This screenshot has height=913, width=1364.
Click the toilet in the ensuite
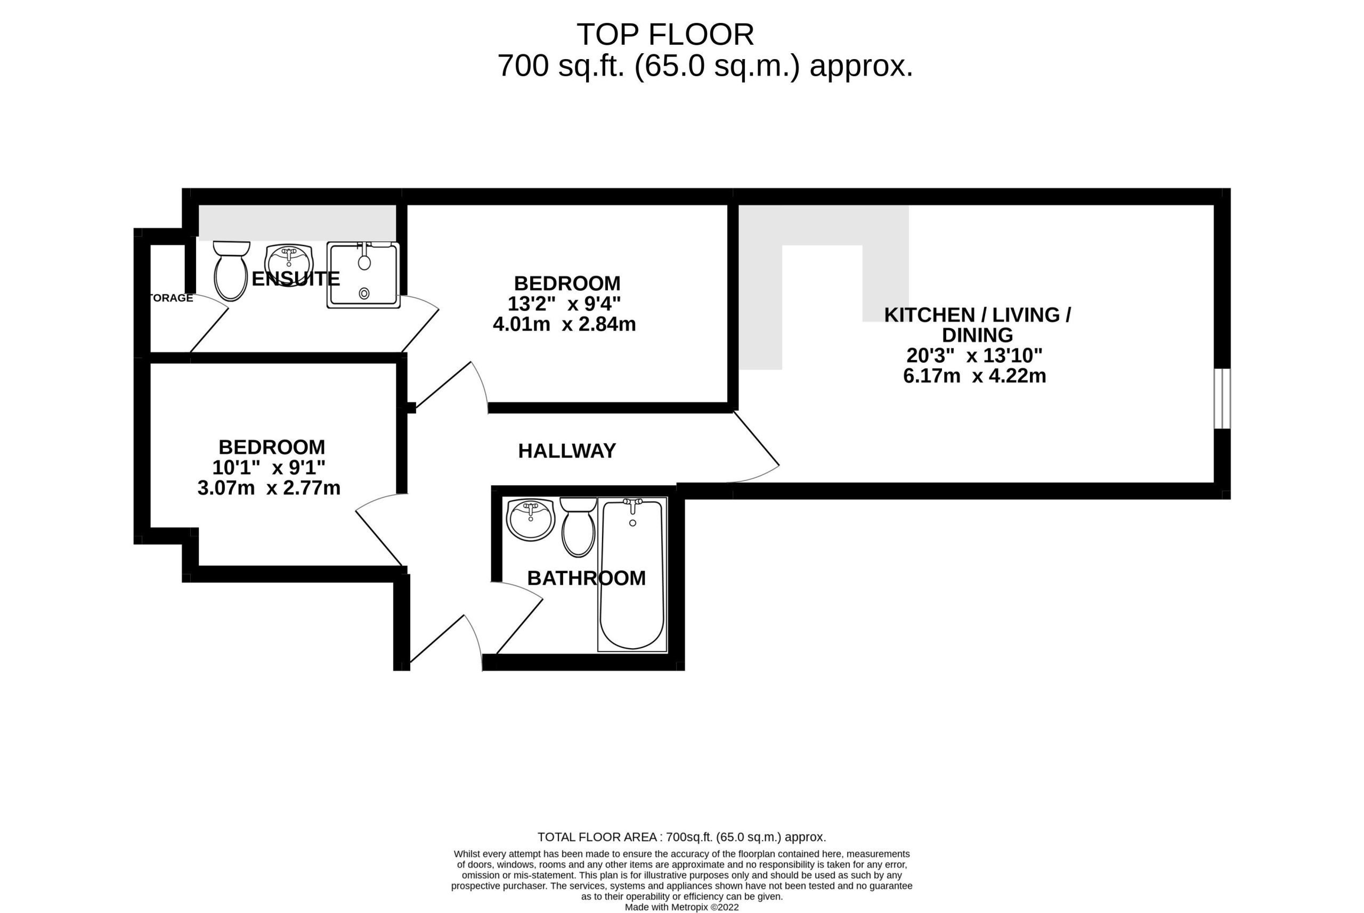tap(231, 271)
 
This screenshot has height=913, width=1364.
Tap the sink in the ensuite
tap(289, 265)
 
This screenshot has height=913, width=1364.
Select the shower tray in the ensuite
tap(363, 275)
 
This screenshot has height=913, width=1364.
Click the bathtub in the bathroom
tap(632, 575)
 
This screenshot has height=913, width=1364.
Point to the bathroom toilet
tap(578, 527)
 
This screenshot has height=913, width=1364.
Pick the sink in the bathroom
tap(531, 519)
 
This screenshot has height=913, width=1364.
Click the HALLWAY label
tap(567, 451)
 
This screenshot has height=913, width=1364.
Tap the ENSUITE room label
tap(295, 279)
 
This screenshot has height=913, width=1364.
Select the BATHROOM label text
tap(587, 578)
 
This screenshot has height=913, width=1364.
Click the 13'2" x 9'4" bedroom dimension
tap(564, 304)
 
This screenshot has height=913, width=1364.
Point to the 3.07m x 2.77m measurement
tap(269, 488)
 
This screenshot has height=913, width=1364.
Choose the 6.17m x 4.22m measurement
tap(975, 376)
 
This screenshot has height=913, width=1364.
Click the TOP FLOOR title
tap(665, 35)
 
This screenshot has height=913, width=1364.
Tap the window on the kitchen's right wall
tap(1222, 399)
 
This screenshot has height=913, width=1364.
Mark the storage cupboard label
tap(171, 298)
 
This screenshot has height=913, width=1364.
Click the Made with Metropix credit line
tap(681, 907)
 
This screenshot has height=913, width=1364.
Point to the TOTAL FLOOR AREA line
tap(681, 837)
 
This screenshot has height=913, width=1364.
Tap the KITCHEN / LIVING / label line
tap(977, 315)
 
